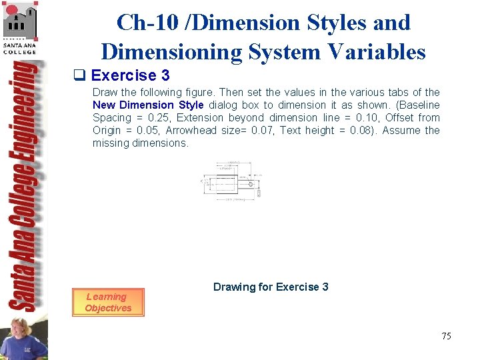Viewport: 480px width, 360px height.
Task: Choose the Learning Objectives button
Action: (x=108, y=302)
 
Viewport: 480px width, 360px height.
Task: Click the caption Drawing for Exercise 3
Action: (x=271, y=287)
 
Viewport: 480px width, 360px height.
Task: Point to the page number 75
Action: (x=446, y=336)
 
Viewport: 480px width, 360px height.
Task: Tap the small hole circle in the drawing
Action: (x=251, y=184)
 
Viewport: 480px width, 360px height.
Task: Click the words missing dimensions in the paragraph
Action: (x=141, y=143)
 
